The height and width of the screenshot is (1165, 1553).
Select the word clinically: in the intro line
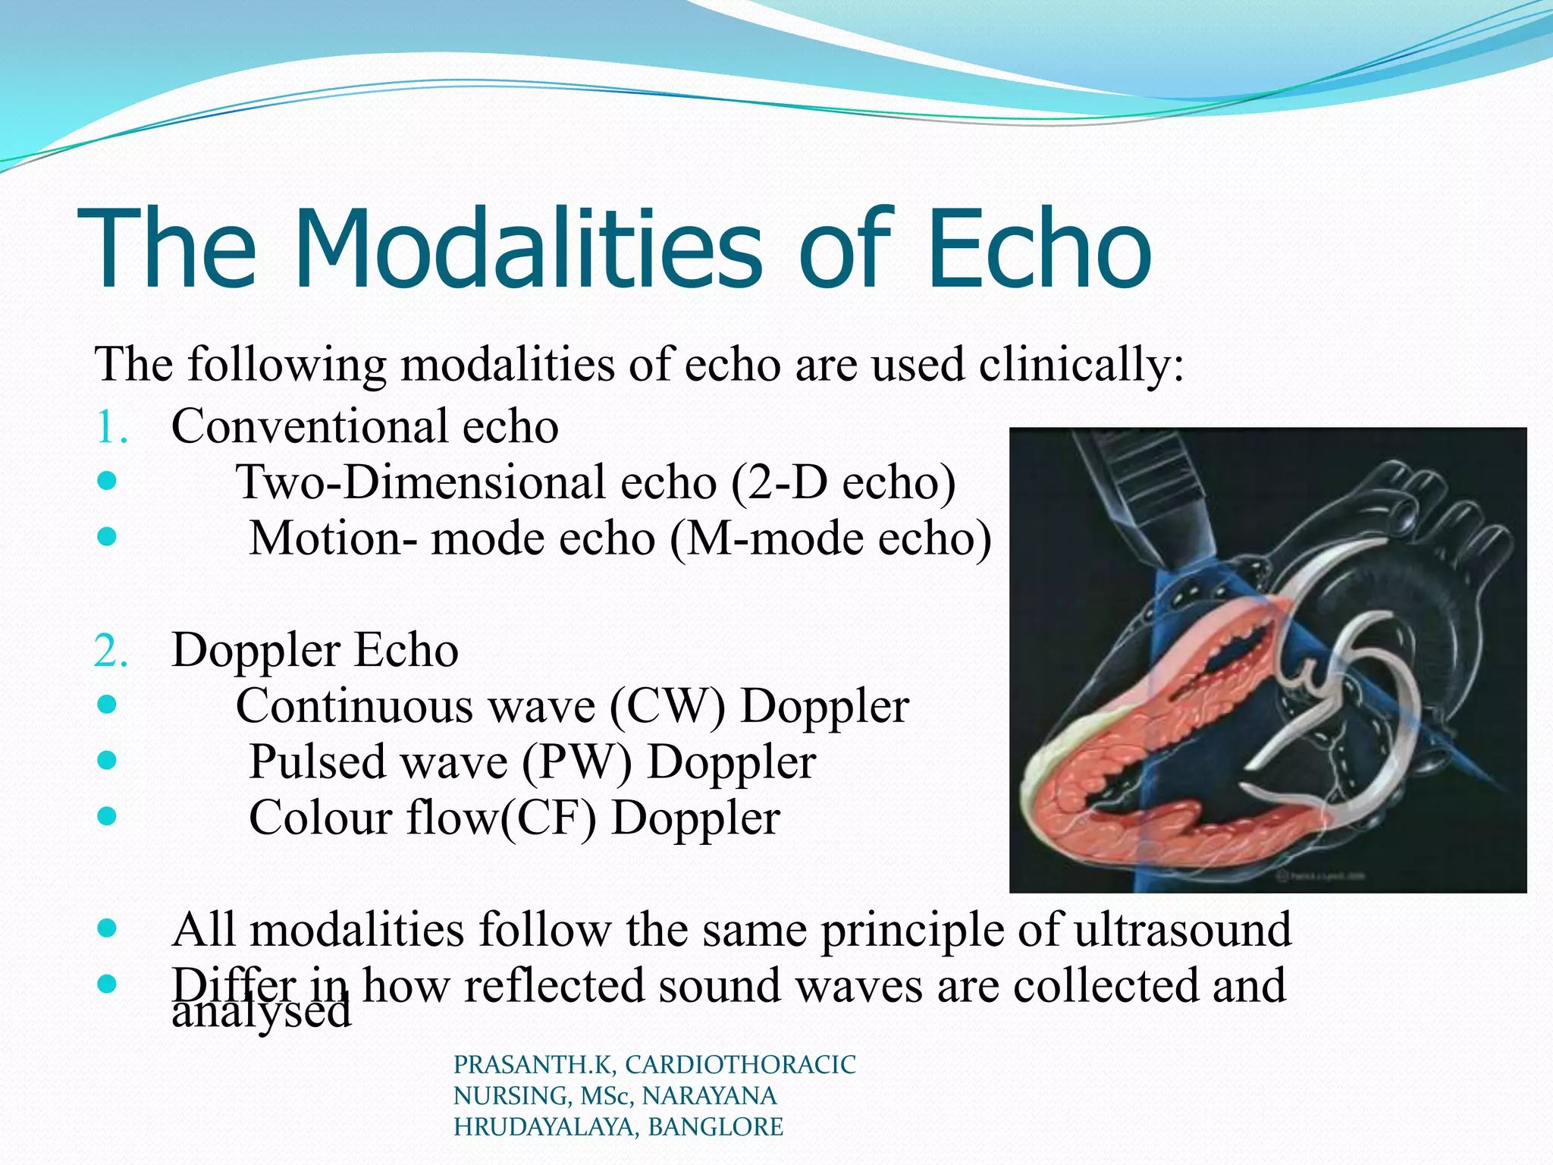pyautogui.click(x=1081, y=366)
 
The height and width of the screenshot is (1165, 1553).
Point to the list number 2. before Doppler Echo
pyautogui.click(x=111, y=652)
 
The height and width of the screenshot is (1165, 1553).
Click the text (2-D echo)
pyautogui.click(x=842, y=483)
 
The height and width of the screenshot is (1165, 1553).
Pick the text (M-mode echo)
pyautogui.click(x=831, y=539)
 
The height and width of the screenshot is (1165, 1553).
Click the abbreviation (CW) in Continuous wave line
pyautogui.click(x=667, y=707)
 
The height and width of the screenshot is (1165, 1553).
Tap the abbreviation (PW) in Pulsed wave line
pyautogui.click(x=576, y=763)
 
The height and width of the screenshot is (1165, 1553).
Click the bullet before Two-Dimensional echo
pyautogui.click(x=107, y=481)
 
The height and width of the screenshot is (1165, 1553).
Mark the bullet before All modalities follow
pyautogui.click(x=107, y=928)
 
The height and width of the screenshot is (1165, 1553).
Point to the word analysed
pyautogui.click(x=262, y=1013)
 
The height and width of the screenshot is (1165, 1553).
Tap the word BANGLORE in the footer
pyautogui.click(x=715, y=1127)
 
